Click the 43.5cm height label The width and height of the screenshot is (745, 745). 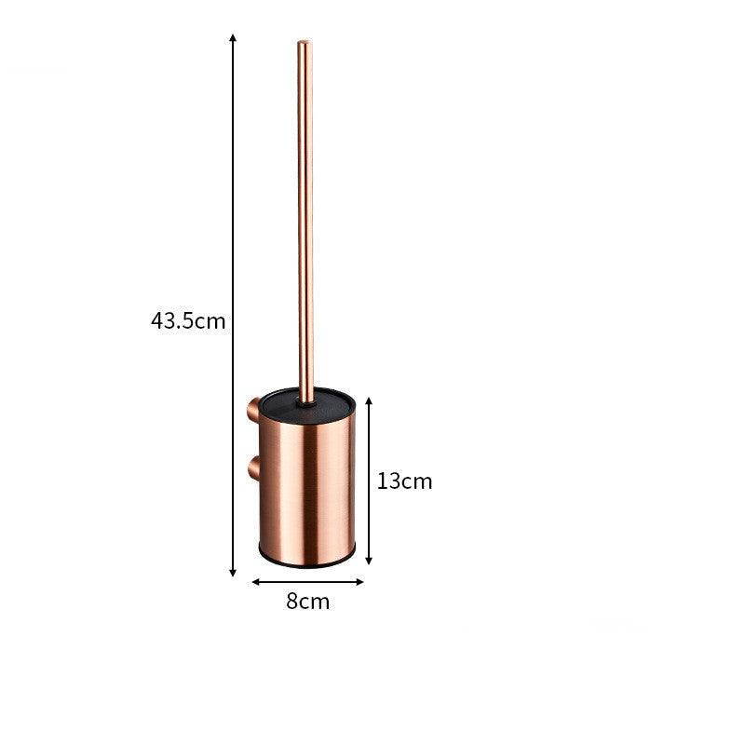tap(188, 320)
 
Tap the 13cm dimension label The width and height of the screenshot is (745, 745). tap(405, 481)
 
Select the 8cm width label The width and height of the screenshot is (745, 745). tap(308, 602)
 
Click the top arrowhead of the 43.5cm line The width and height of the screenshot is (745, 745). tap(233, 37)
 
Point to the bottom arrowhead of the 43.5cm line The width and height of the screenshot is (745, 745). tap(233, 573)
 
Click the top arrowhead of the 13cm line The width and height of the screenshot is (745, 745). tap(369, 401)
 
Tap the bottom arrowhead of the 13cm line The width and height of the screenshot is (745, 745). tap(369, 561)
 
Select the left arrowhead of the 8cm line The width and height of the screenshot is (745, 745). tap(256, 582)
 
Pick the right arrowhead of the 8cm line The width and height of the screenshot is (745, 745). tap(359, 582)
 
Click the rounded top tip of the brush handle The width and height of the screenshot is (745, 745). tap(305, 43)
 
